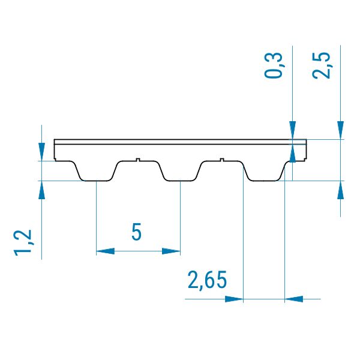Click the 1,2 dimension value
point(23,242)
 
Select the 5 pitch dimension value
point(136,232)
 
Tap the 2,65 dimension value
point(207,280)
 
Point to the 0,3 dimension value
point(274,65)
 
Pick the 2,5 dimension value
point(322,65)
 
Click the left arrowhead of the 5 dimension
point(106,251)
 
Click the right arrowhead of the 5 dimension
point(171,251)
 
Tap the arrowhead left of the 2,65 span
point(234,299)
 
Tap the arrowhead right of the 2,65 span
point(294,299)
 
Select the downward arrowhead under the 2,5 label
point(340,130)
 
